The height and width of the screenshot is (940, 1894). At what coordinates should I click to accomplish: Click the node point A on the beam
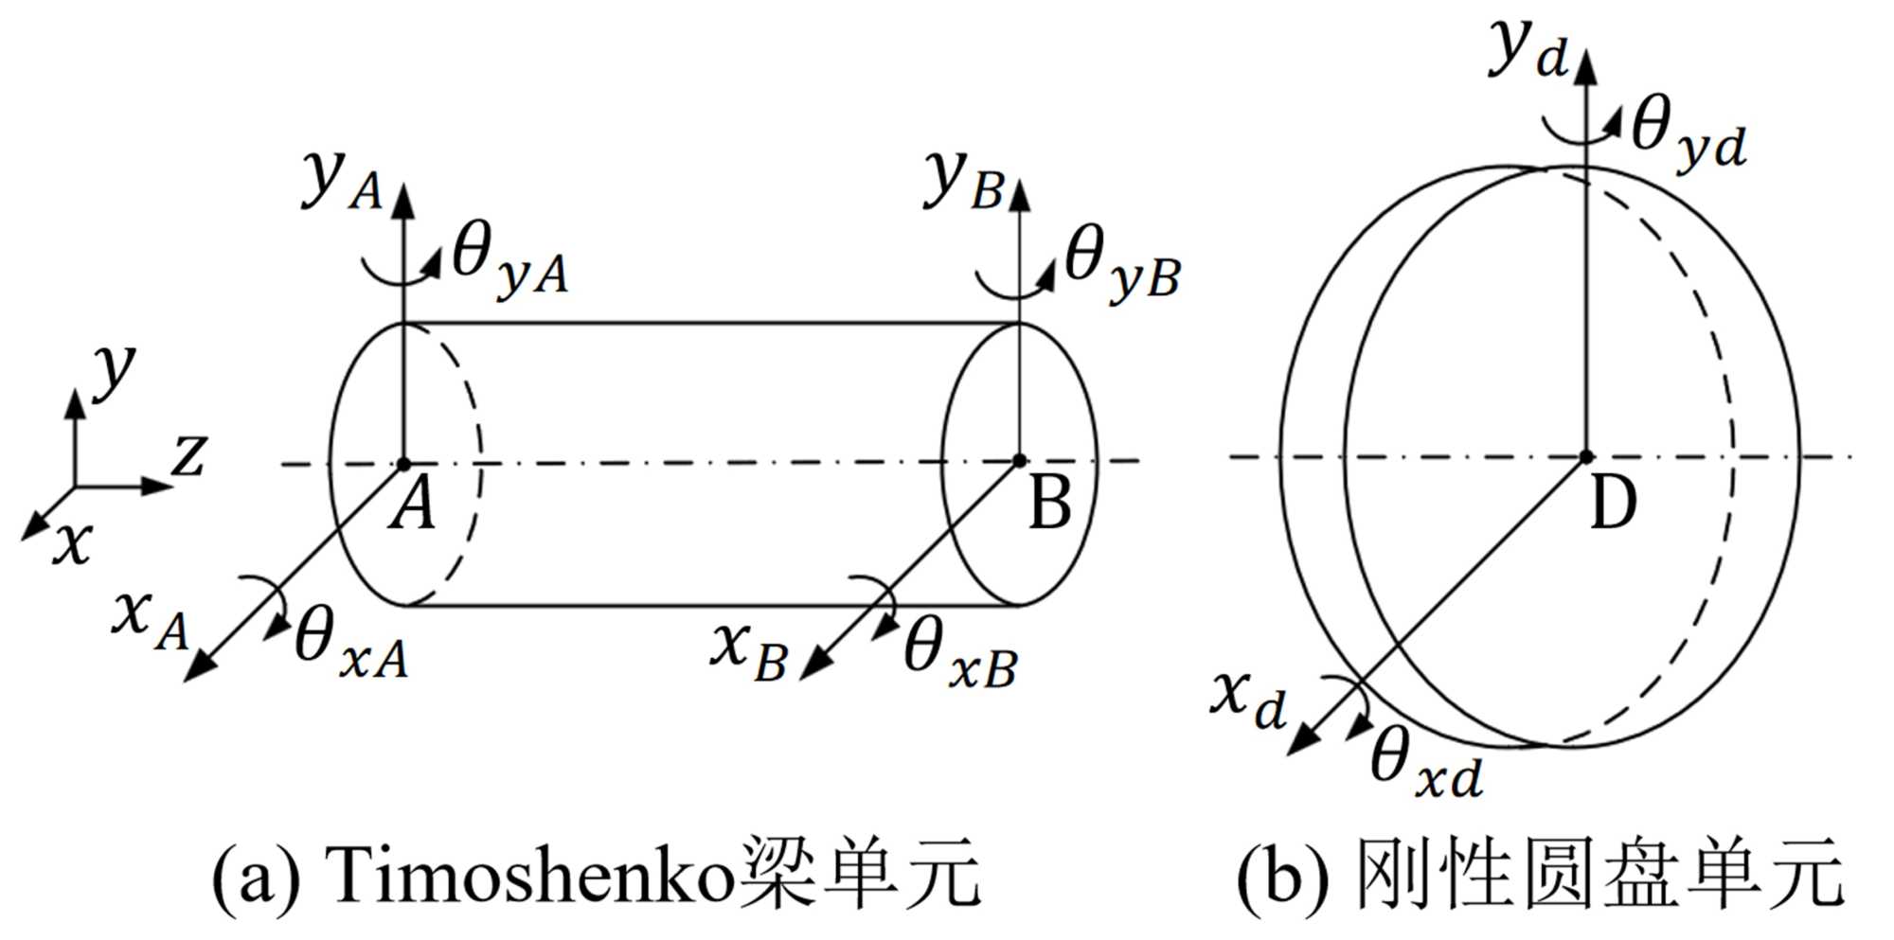point(403,464)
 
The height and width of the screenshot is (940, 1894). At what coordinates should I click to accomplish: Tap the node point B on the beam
point(1019,461)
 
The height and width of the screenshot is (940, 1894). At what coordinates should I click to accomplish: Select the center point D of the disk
point(1586,457)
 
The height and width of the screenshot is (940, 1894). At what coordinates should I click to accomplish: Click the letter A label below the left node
point(414,505)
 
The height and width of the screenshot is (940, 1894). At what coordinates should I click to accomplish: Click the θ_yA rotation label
point(509,261)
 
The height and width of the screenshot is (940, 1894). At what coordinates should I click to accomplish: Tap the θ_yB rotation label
point(1122,264)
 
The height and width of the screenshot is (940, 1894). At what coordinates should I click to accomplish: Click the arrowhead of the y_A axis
point(403,196)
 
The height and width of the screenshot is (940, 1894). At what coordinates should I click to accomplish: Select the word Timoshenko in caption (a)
point(530,876)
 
